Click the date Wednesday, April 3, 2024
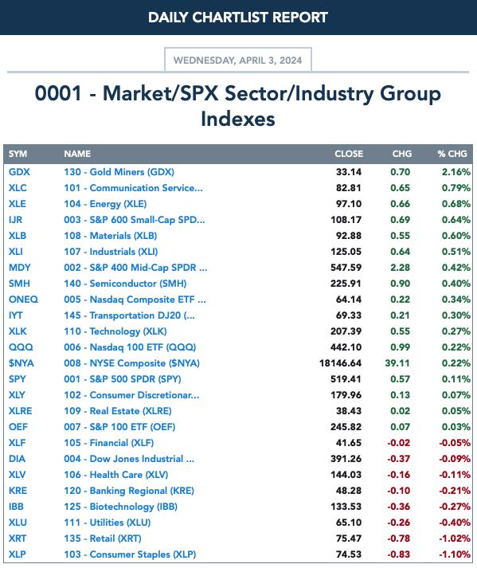tap(237, 60)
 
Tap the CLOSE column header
tap(349, 154)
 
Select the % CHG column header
tap(452, 154)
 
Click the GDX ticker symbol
tap(19, 172)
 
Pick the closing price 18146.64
tap(341, 363)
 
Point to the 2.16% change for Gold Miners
tap(456, 172)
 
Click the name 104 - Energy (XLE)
tap(105, 204)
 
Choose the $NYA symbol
tap(21, 363)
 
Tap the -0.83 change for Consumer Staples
tap(399, 554)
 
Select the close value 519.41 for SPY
tap(346, 379)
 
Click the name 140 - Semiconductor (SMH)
tap(125, 284)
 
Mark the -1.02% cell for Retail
tap(455, 539)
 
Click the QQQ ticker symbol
tap(21, 347)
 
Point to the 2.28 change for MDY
tap(401, 268)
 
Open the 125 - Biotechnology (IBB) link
tap(120, 507)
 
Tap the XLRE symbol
tap(20, 411)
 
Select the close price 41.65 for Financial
tap(349, 443)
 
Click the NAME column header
tap(77, 154)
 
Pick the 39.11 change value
tap(397, 363)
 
